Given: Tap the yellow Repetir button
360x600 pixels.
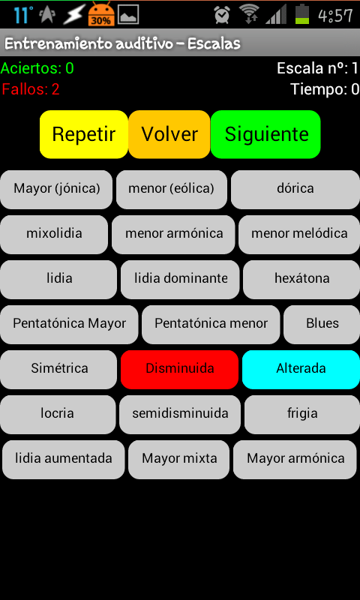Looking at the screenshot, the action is [84, 134].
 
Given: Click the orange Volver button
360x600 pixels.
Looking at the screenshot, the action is [169, 134].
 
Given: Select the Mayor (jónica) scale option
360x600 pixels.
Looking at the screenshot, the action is [56, 190].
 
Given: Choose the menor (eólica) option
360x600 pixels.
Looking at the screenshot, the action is [172, 190].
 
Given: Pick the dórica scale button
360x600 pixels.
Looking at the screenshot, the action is [295, 190].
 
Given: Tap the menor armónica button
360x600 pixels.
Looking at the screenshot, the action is [174, 234].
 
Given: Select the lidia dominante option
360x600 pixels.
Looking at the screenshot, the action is [180, 279].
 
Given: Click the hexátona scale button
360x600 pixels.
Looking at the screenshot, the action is [301, 279].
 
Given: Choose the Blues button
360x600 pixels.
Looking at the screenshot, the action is [322, 324].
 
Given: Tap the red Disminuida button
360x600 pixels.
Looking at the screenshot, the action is [179, 369].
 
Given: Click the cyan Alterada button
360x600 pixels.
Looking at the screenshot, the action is [301, 369].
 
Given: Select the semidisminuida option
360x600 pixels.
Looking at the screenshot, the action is [180, 415].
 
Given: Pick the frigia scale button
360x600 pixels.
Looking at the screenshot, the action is [302, 415].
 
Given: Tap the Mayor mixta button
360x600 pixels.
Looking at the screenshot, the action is [179, 459].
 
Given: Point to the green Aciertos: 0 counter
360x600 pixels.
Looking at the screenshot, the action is [37, 68].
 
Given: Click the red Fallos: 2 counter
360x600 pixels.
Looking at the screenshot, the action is [31, 89].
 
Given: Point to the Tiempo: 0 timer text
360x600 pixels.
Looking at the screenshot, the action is [325, 89].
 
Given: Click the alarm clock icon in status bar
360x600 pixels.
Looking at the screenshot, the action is [222, 15].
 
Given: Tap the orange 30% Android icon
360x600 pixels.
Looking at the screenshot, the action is [101, 14].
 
